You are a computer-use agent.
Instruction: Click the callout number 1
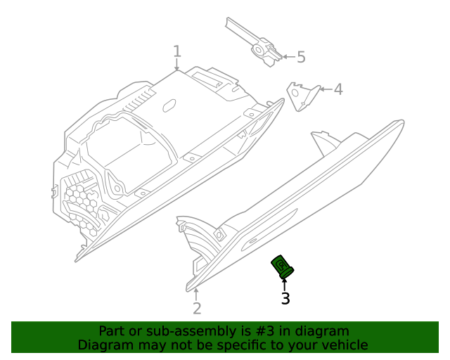[177, 51]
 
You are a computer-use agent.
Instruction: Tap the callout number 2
[197, 308]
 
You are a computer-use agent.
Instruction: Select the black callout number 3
[285, 299]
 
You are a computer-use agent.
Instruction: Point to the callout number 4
[337, 89]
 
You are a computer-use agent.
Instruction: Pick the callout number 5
[301, 57]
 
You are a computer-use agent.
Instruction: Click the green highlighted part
[283, 266]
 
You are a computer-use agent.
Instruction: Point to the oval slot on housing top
[169, 106]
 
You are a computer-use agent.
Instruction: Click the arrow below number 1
[177, 65]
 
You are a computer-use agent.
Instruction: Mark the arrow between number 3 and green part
[284, 284]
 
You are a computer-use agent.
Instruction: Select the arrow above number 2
[197, 293]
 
